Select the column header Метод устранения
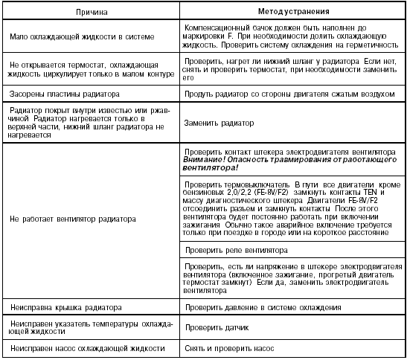tap(289, 13)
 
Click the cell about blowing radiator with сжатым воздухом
tap(289, 94)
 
